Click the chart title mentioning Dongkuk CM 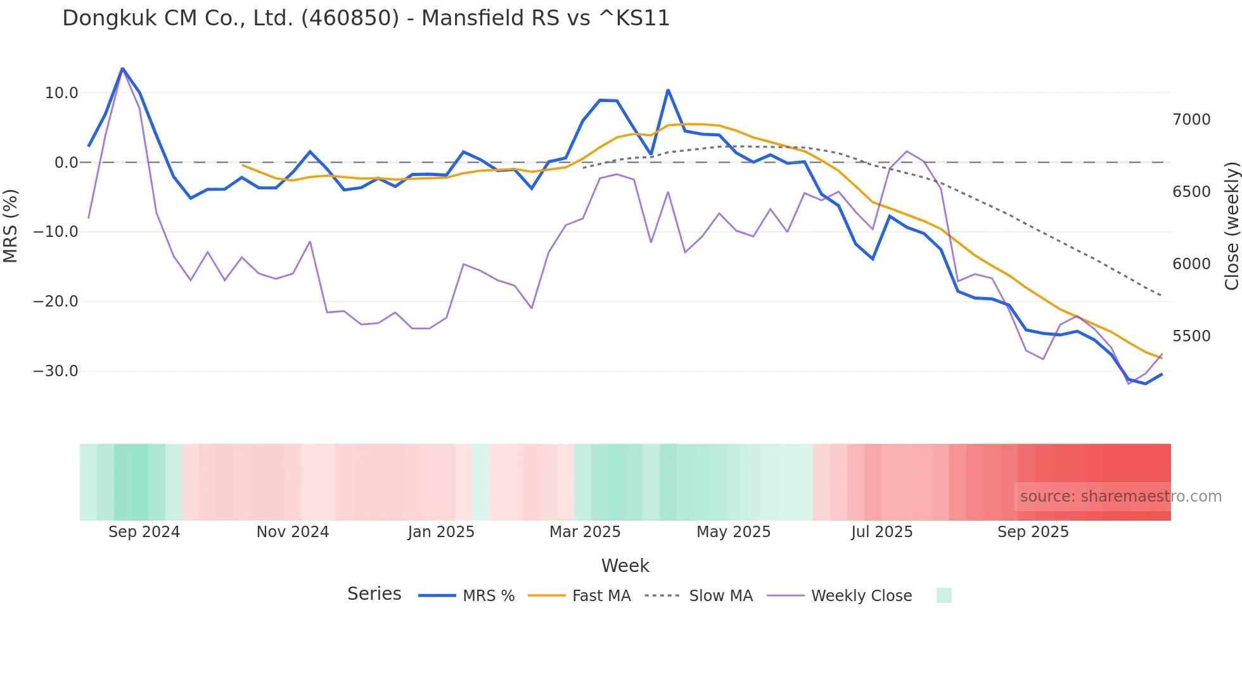(366, 18)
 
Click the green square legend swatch (944, 595)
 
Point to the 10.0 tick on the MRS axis (61, 93)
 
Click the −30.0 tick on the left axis (56, 371)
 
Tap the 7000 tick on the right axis (1191, 120)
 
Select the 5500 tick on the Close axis (1191, 336)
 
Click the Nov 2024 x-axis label (293, 532)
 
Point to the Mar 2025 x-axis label (585, 532)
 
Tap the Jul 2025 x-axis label (881, 532)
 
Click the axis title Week (625, 566)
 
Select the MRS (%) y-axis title (11, 225)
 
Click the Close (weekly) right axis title (1231, 225)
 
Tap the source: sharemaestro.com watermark (1120, 497)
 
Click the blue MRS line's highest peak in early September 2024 (122, 68)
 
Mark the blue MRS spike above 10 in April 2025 (668, 90)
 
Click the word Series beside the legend (374, 594)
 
